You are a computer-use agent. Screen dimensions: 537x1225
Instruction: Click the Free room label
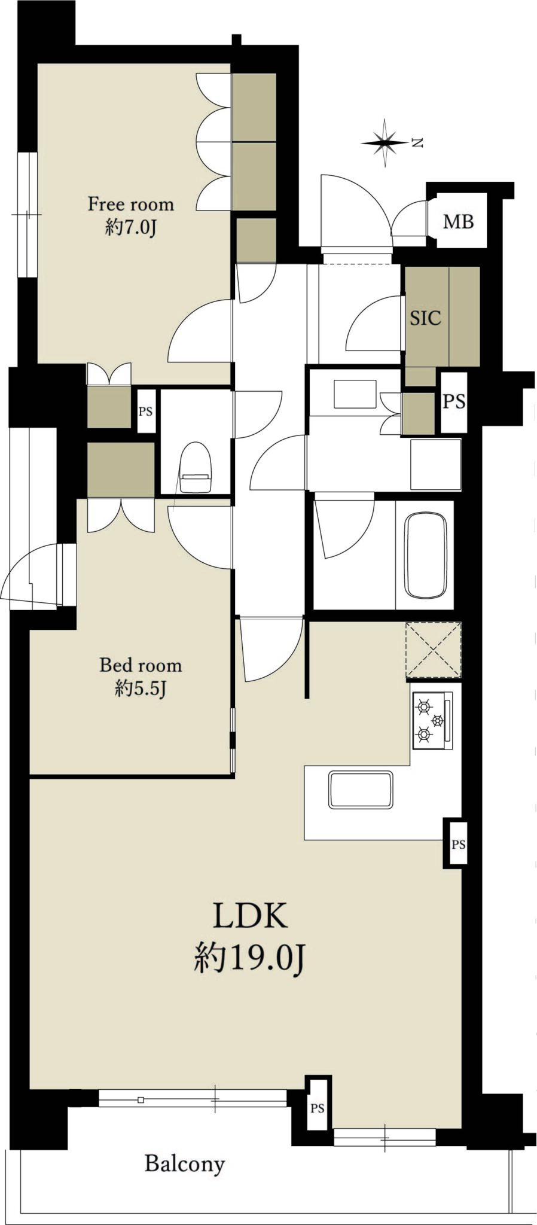click(131, 204)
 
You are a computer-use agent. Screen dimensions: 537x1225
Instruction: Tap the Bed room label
click(141, 665)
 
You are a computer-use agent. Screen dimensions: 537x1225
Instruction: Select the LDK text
click(250, 916)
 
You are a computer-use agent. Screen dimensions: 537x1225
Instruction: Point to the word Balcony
click(185, 1163)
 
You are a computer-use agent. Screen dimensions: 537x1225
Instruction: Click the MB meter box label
click(458, 222)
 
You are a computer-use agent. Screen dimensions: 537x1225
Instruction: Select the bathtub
click(426, 554)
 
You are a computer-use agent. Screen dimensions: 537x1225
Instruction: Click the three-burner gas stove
click(432, 720)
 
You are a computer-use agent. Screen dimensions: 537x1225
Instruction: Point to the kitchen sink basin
click(361, 790)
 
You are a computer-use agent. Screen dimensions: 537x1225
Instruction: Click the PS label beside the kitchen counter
click(458, 845)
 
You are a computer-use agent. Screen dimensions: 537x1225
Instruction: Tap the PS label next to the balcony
click(318, 1108)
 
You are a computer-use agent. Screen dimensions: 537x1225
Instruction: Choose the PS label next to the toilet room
click(146, 412)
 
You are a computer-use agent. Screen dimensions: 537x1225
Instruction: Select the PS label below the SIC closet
click(454, 401)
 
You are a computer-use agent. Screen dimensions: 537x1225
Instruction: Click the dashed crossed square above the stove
click(434, 650)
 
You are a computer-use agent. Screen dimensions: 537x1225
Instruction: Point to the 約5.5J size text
click(141, 689)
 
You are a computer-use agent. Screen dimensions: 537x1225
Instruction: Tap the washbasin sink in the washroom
click(355, 395)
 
